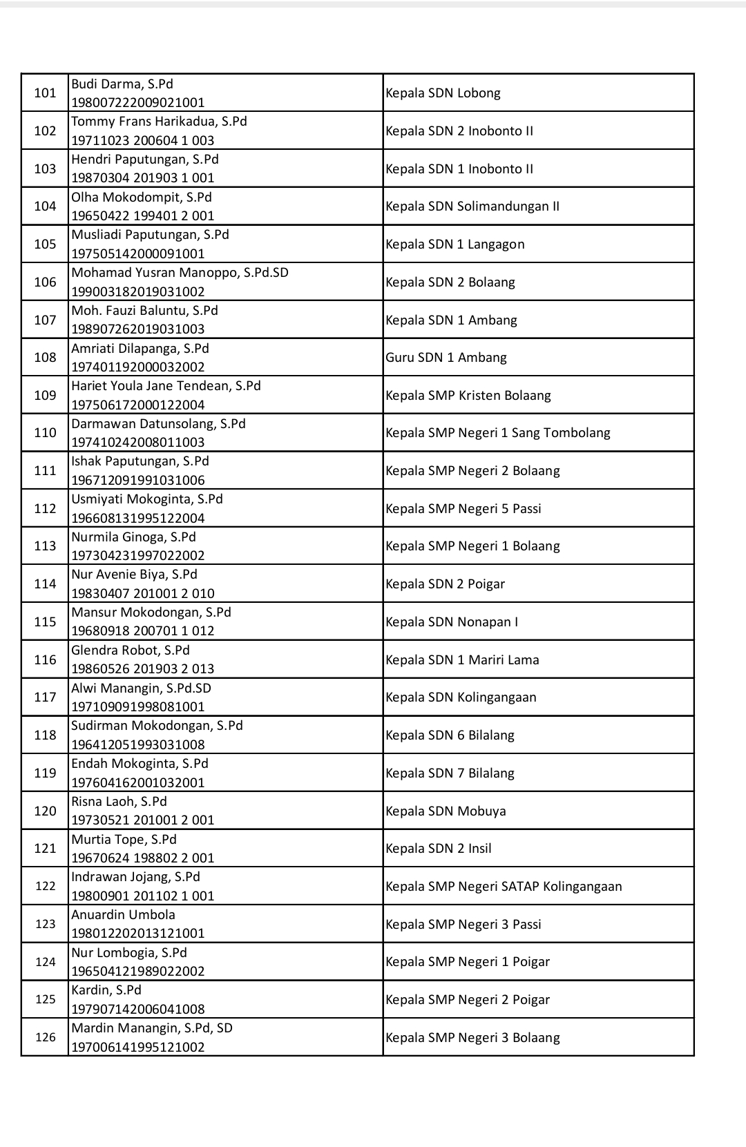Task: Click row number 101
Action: (x=45, y=93)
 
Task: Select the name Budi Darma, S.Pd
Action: (x=122, y=84)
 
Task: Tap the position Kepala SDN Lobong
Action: (x=443, y=93)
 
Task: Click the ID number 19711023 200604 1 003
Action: (x=143, y=140)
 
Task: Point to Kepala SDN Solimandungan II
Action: (x=472, y=206)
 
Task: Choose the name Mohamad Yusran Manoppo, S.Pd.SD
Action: (x=180, y=273)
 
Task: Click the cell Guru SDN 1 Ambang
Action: (x=446, y=358)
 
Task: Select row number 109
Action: (x=45, y=395)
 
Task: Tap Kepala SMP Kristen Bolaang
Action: (x=468, y=396)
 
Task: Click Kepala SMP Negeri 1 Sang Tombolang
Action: (x=498, y=433)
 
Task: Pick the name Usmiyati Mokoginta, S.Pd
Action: (x=147, y=499)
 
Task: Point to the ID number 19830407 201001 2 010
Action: (x=143, y=593)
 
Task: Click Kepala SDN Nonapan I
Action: (x=452, y=622)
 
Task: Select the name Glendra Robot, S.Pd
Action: (x=131, y=650)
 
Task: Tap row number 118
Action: (x=45, y=735)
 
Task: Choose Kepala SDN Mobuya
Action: (x=446, y=811)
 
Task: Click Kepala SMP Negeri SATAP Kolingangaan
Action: (x=504, y=887)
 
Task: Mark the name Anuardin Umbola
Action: (x=124, y=915)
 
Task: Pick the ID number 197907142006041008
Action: (x=138, y=1009)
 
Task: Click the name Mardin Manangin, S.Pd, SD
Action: (x=152, y=1028)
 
